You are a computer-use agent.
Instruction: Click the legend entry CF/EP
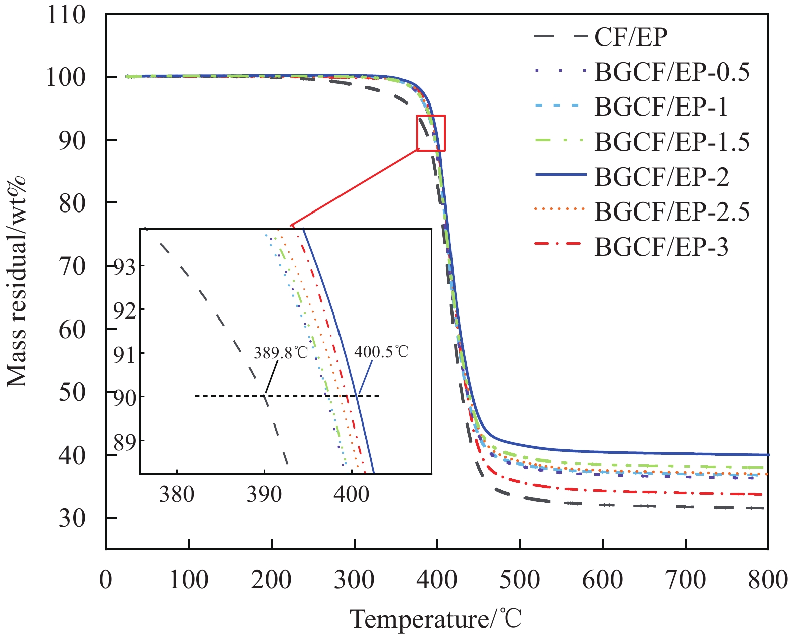click(x=631, y=37)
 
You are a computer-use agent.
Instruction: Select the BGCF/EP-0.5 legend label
click(x=671, y=72)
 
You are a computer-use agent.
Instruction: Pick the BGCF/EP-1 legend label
click(x=661, y=107)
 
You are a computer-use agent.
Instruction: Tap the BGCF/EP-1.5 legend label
click(x=671, y=142)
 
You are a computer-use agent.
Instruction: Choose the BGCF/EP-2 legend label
click(x=661, y=177)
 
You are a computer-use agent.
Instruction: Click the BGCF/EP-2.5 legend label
click(x=671, y=212)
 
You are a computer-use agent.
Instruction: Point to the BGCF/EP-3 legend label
click(x=661, y=247)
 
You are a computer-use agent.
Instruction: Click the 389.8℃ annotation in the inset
click(x=281, y=352)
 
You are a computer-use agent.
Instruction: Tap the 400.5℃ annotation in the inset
click(x=382, y=351)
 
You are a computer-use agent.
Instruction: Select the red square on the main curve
click(x=431, y=133)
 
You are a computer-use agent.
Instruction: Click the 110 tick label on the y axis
click(x=66, y=15)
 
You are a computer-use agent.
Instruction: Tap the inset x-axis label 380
click(x=177, y=494)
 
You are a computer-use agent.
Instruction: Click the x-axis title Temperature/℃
click(x=435, y=619)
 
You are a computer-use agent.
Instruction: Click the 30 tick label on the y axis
click(x=72, y=518)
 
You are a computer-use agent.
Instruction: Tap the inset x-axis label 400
click(x=351, y=494)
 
